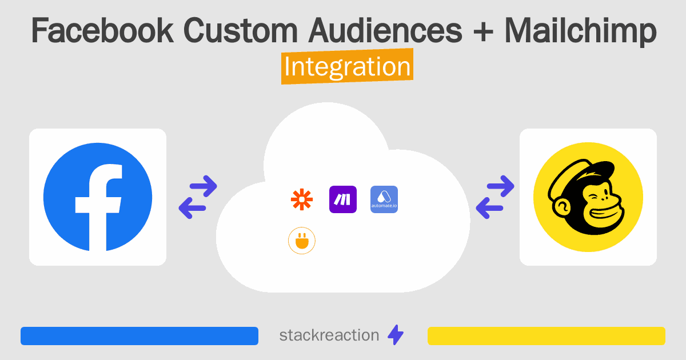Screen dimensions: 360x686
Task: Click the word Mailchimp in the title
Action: pyautogui.click(x=580, y=31)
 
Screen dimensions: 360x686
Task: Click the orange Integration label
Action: pyautogui.click(x=347, y=67)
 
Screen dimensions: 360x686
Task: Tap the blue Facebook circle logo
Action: pyautogui.click(x=98, y=197)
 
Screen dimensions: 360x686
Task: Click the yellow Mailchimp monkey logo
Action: pyautogui.click(x=588, y=197)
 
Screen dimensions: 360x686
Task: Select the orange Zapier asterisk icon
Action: pyautogui.click(x=302, y=199)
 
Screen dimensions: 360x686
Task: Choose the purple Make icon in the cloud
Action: pyautogui.click(x=343, y=199)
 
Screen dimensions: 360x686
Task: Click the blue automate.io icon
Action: pyautogui.click(x=384, y=199)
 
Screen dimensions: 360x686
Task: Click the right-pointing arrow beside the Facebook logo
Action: pyautogui.click(x=204, y=186)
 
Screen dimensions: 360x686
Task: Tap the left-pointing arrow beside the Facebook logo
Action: pyautogui.click(x=192, y=207)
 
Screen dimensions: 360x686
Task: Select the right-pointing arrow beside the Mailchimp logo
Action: pyautogui.click(x=501, y=186)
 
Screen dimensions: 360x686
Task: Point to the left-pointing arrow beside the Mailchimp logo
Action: pyautogui.click(x=489, y=207)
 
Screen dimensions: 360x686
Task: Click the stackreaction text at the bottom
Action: pyautogui.click(x=329, y=335)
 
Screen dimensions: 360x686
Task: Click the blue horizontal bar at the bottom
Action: pyautogui.click(x=139, y=336)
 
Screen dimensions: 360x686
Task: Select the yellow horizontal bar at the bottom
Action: pyautogui.click(x=547, y=336)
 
